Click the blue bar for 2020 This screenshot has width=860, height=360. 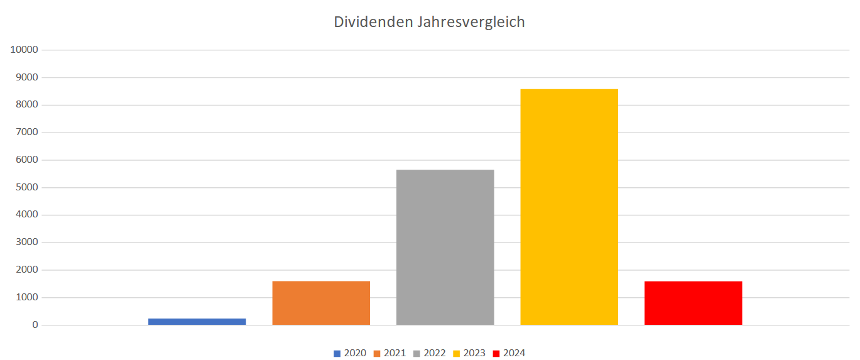pos(197,322)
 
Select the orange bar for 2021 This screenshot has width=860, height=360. pos(321,303)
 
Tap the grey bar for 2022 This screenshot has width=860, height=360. pos(445,248)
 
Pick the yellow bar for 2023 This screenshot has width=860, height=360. pos(569,207)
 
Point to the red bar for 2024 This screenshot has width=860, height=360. pos(693,303)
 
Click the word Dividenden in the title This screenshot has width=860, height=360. pos(372,22)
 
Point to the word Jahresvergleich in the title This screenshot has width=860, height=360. pos(470,22)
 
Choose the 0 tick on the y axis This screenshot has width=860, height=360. pos(35,325)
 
